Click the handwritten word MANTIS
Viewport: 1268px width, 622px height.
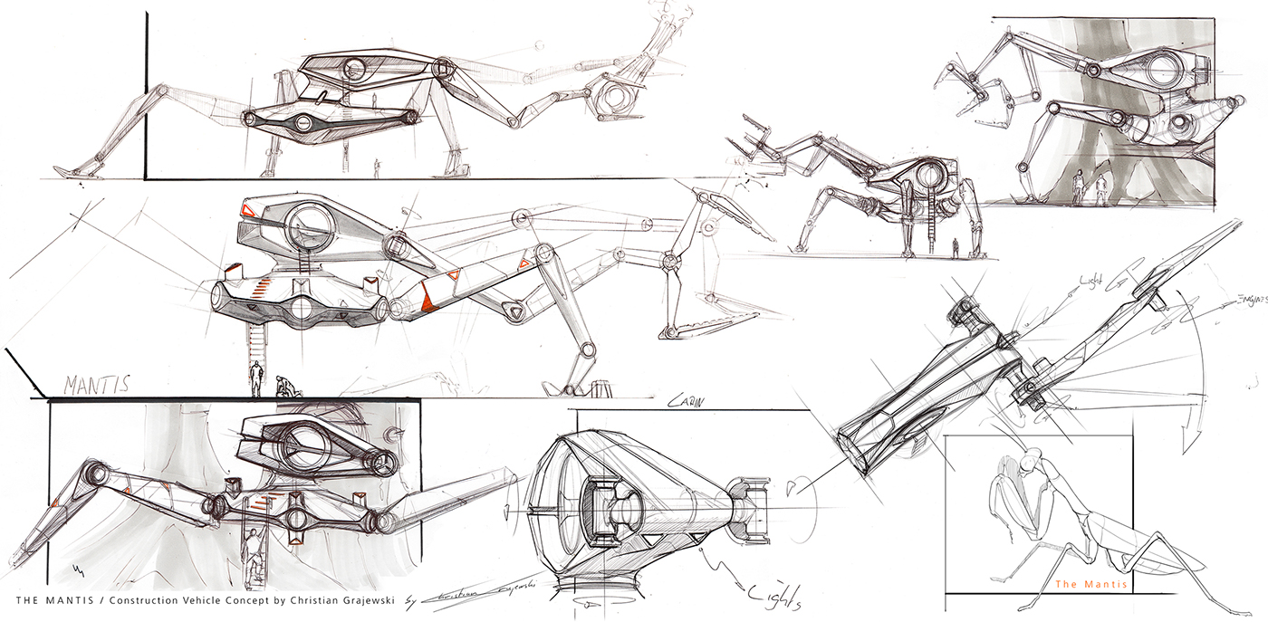click(97, 385)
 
